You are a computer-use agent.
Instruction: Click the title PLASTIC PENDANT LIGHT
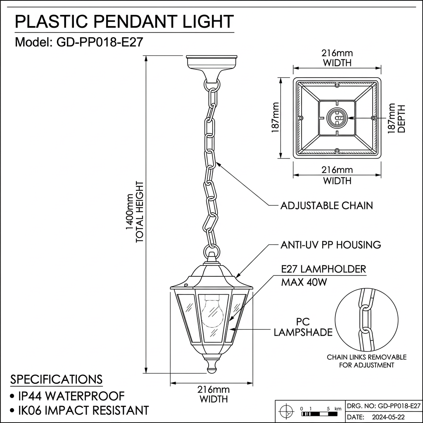click(124, 21)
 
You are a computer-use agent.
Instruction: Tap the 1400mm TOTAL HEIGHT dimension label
click(135, 211)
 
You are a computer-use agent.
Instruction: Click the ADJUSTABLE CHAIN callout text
click(326, 205)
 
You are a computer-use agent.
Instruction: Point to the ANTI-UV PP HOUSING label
click(330, 245)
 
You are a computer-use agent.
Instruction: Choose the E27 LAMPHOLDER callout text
click(323, 269)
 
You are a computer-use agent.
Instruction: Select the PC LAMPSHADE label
click(303, 327)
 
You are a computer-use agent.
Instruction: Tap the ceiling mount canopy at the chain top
click(212, 66)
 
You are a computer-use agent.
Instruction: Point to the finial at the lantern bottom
click(211, 365)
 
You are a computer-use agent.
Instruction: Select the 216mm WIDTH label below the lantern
click(213, 394)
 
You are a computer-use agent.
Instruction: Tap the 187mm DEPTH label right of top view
click(397, 118)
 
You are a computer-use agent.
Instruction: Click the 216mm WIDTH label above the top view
click(337, 58)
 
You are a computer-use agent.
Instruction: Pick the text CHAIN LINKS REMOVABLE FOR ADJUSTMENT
click(366, 361)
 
